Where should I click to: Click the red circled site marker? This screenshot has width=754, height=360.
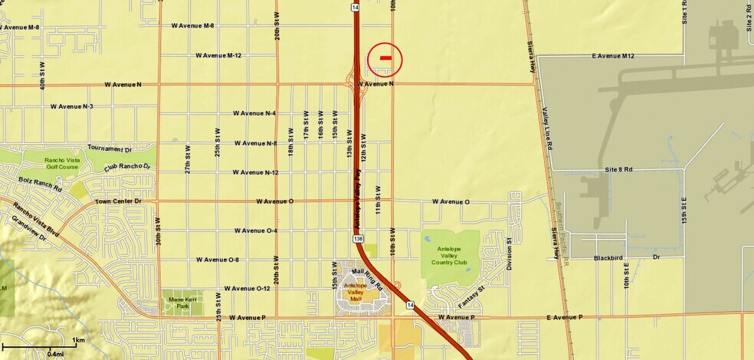[385, 57]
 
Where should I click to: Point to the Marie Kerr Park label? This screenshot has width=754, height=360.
[181, 302]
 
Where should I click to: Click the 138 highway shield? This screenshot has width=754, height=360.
[359, 239]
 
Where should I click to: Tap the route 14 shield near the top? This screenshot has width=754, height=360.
[356, 7]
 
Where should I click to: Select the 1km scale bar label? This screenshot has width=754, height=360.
[78, 339]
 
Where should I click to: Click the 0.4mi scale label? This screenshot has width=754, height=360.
[55, 354]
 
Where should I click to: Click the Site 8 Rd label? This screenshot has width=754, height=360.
[618, 169]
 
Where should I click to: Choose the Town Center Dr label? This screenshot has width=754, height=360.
[119, 201]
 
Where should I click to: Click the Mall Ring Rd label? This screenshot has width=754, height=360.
[367, 272]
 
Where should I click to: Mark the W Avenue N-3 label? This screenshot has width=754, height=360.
[70, 106]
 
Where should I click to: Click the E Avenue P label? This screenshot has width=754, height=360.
[565, 317]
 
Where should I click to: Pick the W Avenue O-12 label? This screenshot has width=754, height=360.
[246, 289]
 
